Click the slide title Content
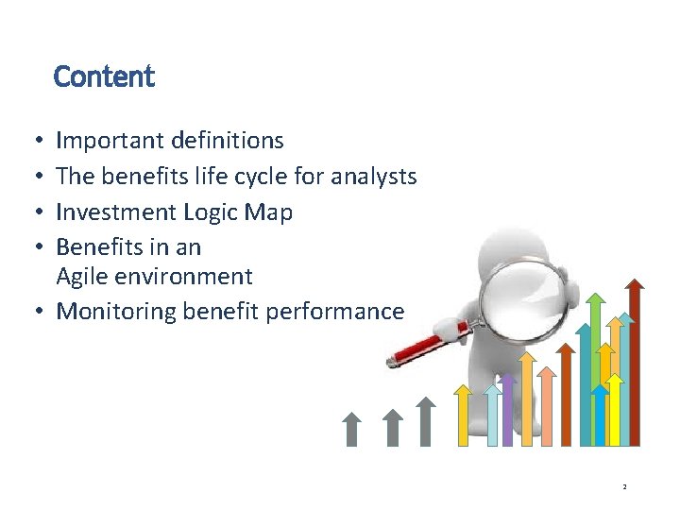[x=104, y=76]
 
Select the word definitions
[x=227, y=142]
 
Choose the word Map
[x=272, y=212]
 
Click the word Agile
[x=81, y=278]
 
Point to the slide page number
[x=624, y=486]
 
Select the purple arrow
[x=507, y=411]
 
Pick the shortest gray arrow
[x=351, y=429]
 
